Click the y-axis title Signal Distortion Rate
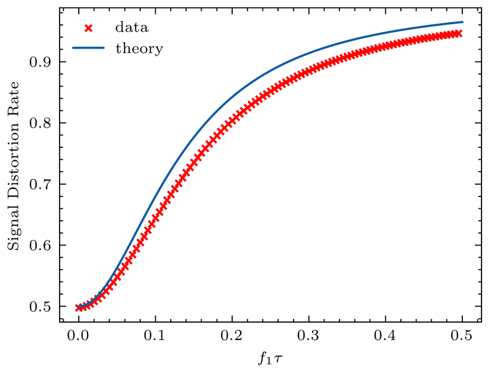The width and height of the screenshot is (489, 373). [x=14, y=167]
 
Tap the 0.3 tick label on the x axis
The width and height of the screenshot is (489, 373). [x=309, y=336]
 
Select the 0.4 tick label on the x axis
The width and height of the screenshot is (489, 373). [x=386, y=336]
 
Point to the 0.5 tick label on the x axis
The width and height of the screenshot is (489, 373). [x=463, y=336]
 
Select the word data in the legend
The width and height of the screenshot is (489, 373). [x=131, y=28]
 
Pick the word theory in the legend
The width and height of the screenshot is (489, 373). [x=139, y=48]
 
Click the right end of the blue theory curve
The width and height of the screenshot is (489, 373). [x=463, y=22]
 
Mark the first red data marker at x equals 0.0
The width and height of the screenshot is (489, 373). [x=78, y=307]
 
